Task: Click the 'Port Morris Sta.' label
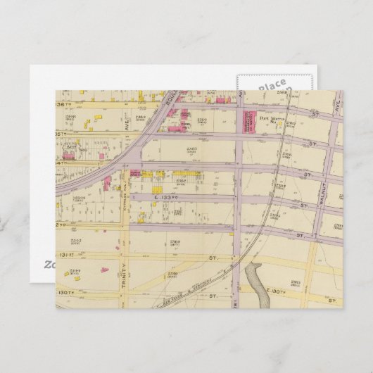pyautogui.click(x=271, y=120)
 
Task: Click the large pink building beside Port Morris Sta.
pyautogui.click(x=248, y=120)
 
